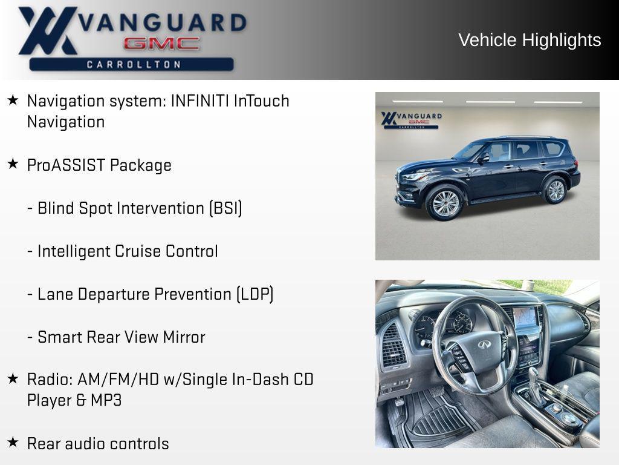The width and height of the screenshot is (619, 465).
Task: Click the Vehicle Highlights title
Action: (530, 40)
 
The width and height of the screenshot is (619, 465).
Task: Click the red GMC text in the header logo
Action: (161, 44)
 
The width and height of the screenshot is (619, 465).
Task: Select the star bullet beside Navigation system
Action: (13, 100)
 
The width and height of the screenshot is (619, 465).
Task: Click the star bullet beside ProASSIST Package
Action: (13, 164)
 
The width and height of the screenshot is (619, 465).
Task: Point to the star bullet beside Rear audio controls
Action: (13, 443)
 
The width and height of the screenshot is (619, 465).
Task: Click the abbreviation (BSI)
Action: (225, 208)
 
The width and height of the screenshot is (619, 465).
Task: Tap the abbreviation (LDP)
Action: (254, 294)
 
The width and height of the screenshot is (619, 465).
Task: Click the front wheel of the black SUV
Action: (445, 203)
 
